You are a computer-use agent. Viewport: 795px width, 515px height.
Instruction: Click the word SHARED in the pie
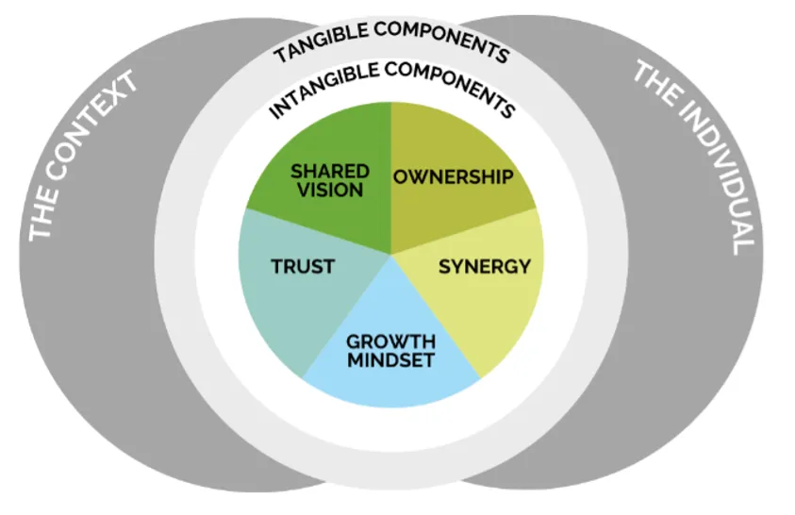coord(329,171)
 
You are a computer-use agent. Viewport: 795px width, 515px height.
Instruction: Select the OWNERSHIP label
coord(454,176)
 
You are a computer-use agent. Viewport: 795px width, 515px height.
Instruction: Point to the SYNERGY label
coord(485,266)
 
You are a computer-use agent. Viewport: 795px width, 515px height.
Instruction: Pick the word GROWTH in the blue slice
coord(390,341)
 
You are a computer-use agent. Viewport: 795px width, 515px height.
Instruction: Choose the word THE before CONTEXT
coord(41,219)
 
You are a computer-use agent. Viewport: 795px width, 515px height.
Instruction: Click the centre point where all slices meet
coord(390,254)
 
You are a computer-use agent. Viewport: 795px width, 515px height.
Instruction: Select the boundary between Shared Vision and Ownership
coord(390,179)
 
